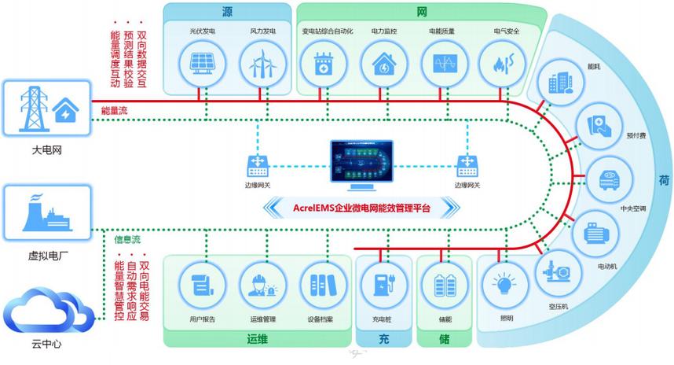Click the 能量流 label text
tap(115, 112)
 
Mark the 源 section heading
tap(227, 13)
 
